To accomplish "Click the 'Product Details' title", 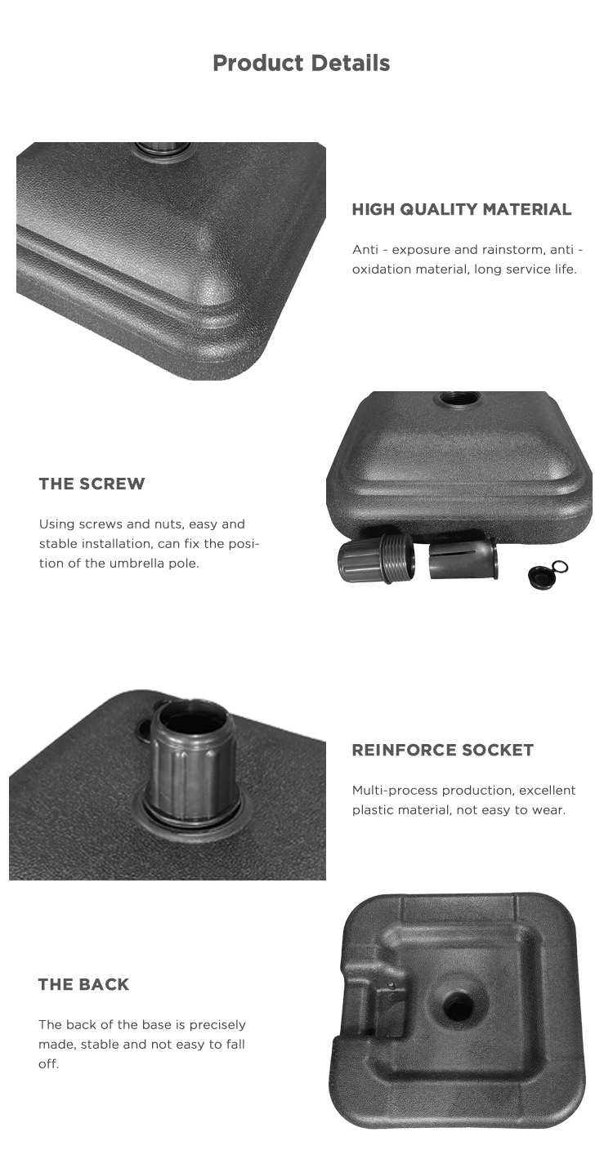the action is click(301, 63).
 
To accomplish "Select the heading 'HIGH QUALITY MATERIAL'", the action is click(462, 209).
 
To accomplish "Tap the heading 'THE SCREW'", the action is click(92, 484).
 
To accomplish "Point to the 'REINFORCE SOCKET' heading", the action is click(442, 750).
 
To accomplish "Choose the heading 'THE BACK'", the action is click(83, 984).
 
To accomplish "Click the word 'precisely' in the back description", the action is click(217, 1025).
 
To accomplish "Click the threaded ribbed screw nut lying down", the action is click(377, 557).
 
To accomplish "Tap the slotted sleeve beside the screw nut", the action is click(463, 559).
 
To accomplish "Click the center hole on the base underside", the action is click(456, 1001).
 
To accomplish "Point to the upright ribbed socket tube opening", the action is click(191, 724).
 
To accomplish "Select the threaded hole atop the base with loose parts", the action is click(458, 398).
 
